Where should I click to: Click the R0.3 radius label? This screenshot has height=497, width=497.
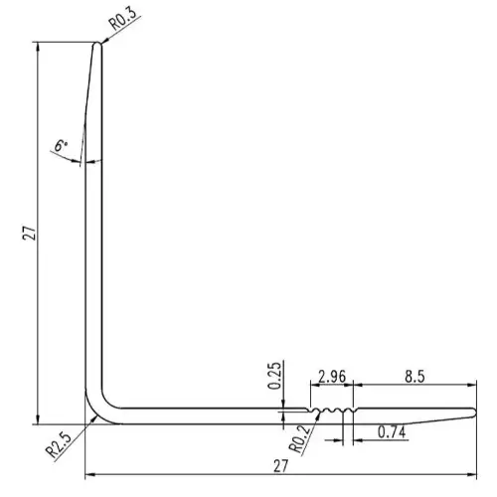tap(122, 19)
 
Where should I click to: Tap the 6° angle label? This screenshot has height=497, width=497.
tap(61, 145)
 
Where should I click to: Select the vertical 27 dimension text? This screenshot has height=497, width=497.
tap(29, 233)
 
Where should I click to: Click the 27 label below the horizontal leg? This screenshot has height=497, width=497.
tap(281, 466)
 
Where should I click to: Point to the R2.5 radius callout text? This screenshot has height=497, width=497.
tap(59, 445)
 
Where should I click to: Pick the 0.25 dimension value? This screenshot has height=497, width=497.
tap(274, 376)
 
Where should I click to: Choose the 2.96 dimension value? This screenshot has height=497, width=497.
tap(332, 377)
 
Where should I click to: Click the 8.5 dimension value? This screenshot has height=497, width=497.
tap(414, 377)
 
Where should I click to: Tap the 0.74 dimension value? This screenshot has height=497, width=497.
tap(392, 432)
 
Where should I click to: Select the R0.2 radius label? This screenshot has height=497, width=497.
tap(300, 439)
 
